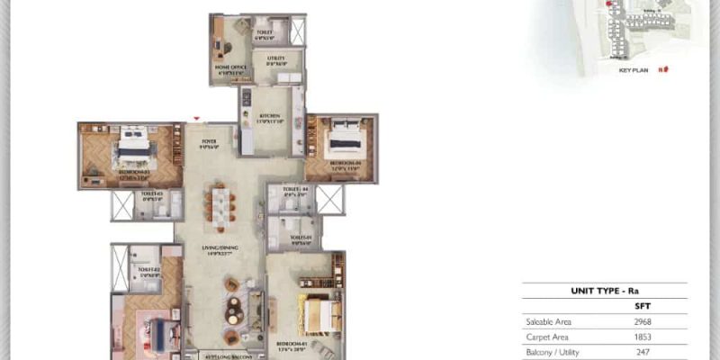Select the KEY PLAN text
point(634,69)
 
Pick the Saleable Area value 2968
point(642,321)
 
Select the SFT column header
point(642,306)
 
